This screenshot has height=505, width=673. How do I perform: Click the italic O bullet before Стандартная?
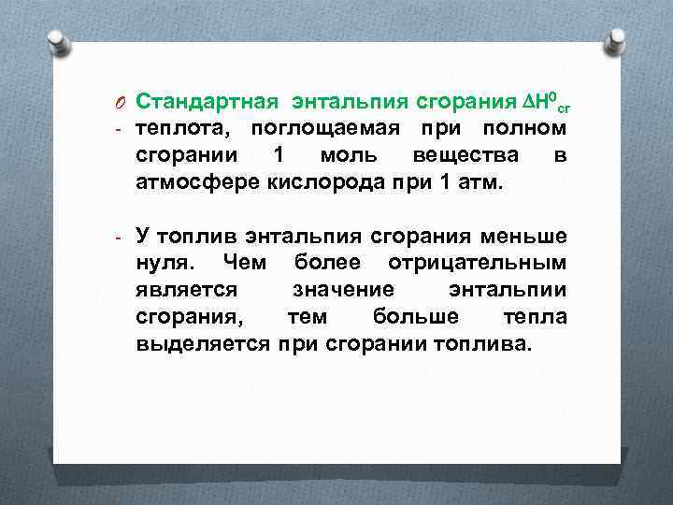coord(121,101)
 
